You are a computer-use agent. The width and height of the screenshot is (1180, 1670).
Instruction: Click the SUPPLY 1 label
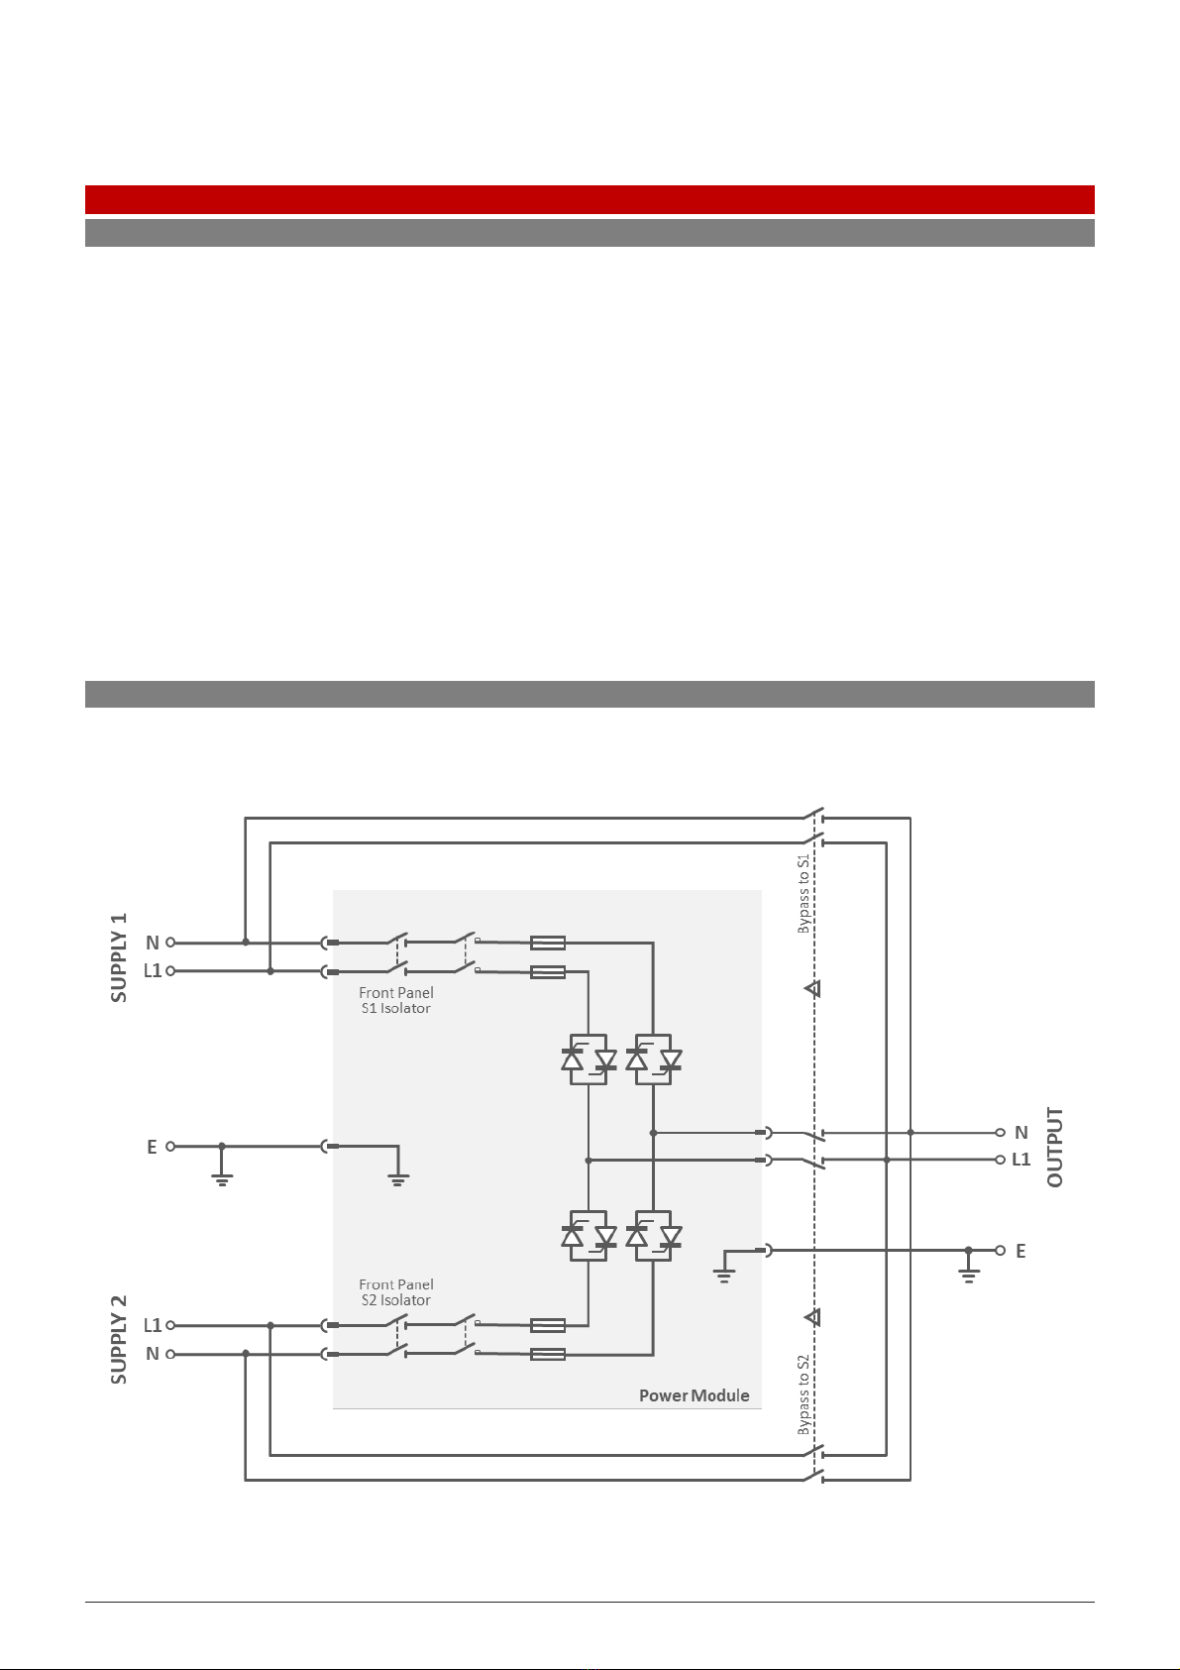pyautogui.click(x=119, y=957)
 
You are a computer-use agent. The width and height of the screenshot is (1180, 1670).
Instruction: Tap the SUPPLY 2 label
pyautogui.click(x=119, y=1340)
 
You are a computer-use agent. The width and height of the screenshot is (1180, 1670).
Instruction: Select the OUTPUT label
pyautogui.click(x=1054, y=1147)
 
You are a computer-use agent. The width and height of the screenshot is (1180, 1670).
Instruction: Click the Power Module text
pyautogui.click(x=694, y=1395)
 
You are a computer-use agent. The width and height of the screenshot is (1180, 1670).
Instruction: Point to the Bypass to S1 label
pyautogui.click(x=803, y=893)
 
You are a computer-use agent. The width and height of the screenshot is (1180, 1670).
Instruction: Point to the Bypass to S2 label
pyautogui.click(x=803, y=1394)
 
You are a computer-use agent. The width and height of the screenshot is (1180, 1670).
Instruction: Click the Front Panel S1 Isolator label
pyautogui.click(x=396, y=1000)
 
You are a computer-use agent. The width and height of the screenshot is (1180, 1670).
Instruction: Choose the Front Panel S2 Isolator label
pyautogui.click(x=396, y=1292)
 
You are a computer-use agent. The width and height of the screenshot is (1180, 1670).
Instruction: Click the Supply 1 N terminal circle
pyautogui.click(x=170, y=943)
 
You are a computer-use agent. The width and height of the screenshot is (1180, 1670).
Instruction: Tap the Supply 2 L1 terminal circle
pyautogui.click(x=170, y=1325)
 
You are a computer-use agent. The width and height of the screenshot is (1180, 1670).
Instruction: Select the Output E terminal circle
pyautogui.click(x=1001, y=1250)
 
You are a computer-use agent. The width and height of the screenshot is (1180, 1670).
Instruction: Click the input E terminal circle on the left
pyautogui.click(x=170, y=1146)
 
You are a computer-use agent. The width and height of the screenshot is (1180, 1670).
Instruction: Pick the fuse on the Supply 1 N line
pyautogui.click(x=548, y=944)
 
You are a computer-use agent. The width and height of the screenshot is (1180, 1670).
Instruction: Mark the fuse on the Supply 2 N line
pyautogui.click(x=548, y=1354)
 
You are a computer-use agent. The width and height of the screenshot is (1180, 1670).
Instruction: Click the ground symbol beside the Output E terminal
pyautogui.click(x=968, y=1267)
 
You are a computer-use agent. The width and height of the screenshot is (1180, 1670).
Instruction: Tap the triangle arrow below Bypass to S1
pyautogui.click(x=813, y=989)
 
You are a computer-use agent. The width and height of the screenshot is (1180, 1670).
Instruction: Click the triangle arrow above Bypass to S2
pyautogui.click(x=813, y=1317)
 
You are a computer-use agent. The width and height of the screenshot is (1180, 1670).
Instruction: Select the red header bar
pyautogui.click(x=590, y=200)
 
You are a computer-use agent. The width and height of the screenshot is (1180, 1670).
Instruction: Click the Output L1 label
pyautogui.click(x=1021, y=1160)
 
